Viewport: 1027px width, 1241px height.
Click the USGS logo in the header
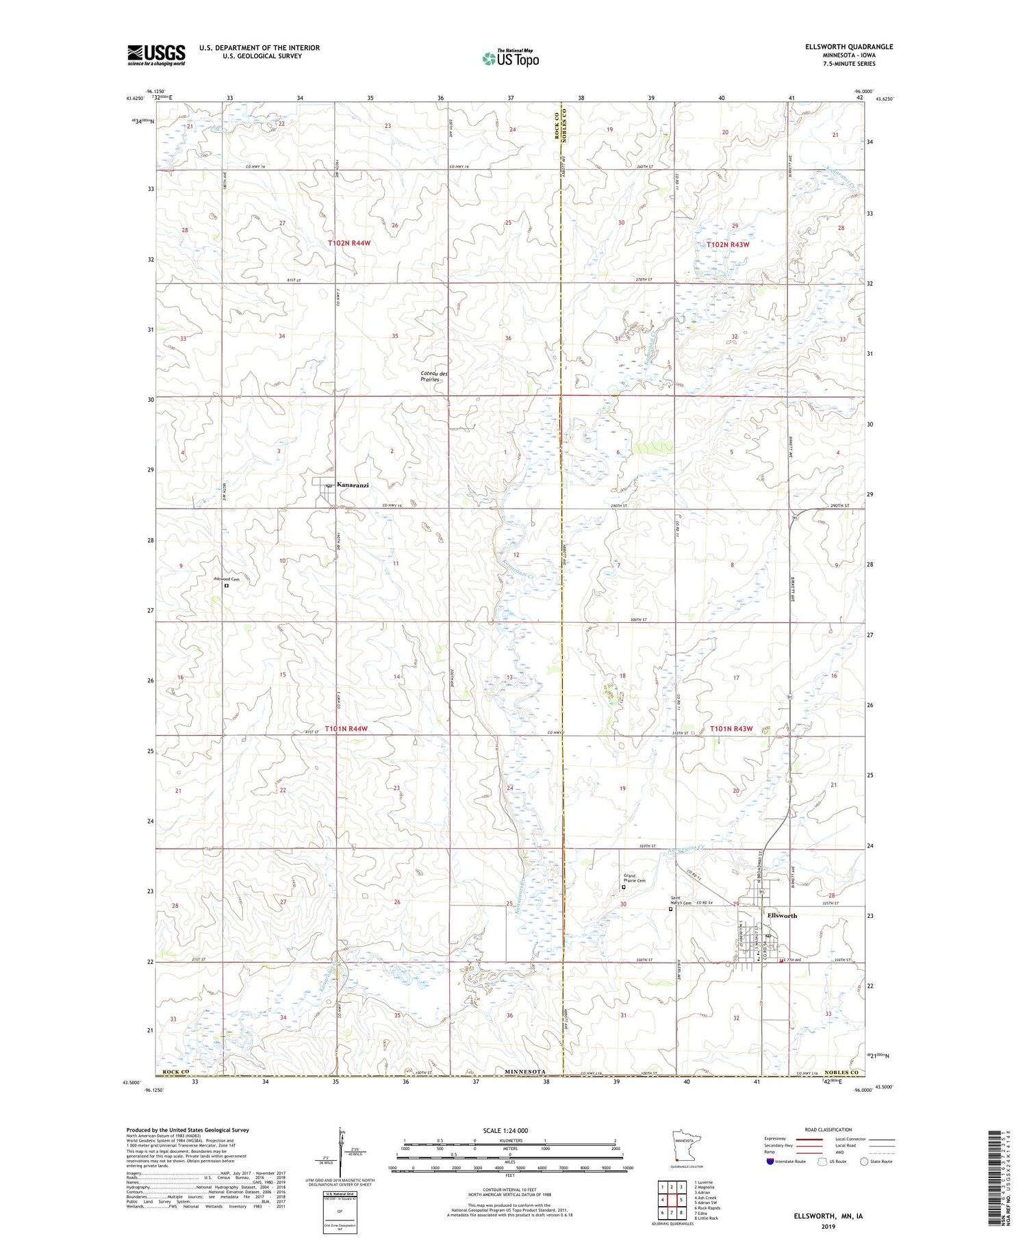(x=156, y=55)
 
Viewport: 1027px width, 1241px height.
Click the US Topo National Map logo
(x=510, y=58)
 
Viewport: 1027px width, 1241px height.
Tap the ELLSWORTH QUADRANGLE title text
(x=850, y=47)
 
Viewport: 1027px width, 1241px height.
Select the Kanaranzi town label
(x=353, y=485)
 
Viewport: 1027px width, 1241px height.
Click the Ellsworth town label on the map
(x=782, y=915)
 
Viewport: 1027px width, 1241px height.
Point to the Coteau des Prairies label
(x=434, y=376)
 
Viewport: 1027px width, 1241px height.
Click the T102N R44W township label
(x=348, y=243)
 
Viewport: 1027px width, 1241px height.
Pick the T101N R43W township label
(x=731, y=729)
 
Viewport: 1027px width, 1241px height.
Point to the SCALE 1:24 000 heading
(x=505, y=1130)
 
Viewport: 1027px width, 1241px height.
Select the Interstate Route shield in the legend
(x=770, y=1161)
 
